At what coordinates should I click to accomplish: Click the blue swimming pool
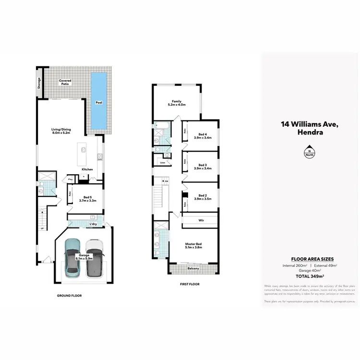(x=99, y=102)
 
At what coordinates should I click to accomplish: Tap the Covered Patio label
(x=65, y=83)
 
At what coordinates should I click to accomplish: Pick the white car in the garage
(x=95, y=258)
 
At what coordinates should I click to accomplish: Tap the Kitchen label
(x=87, y=169)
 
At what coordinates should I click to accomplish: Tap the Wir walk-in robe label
(x=201, y=221)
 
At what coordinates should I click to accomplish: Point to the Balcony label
(x=193, y=269)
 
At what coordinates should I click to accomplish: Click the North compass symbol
(x=310, y=153)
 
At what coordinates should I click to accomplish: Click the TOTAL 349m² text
(x=310, y=276)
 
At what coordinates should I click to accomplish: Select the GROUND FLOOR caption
(x=70, y=295)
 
